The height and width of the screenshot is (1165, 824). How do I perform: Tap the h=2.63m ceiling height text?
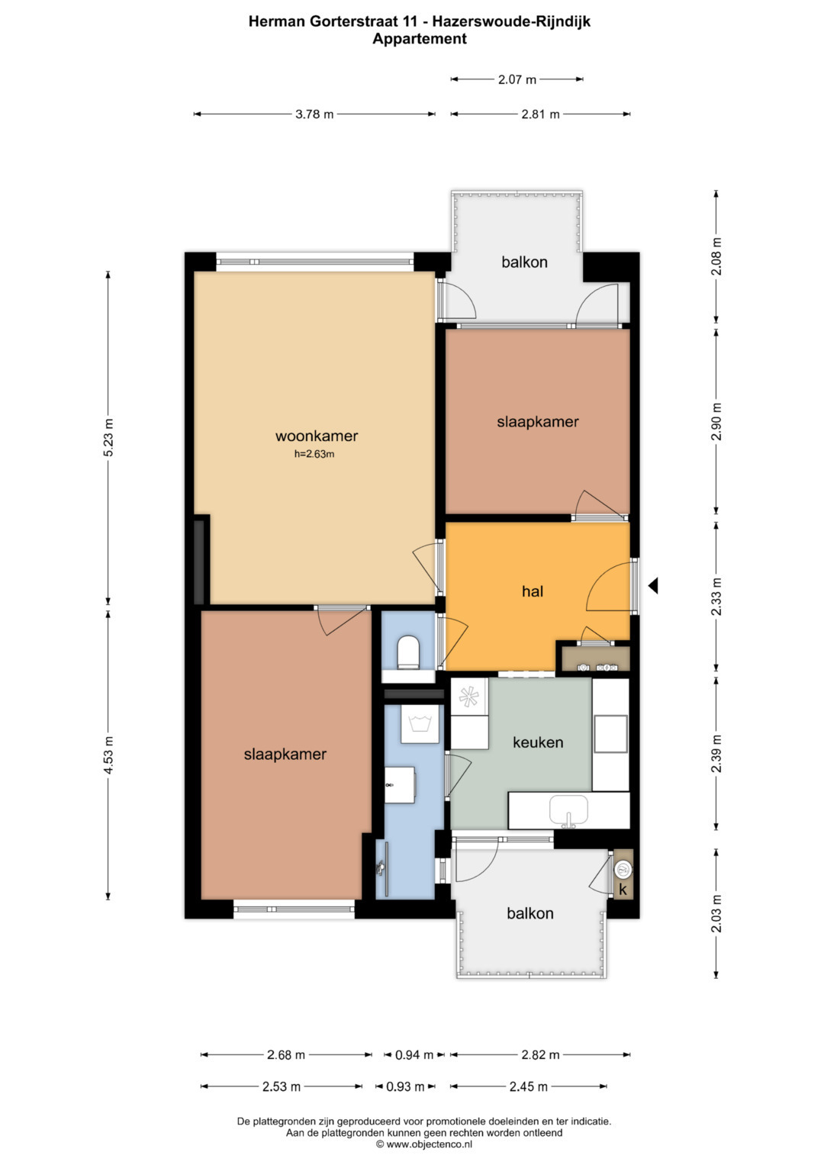click(314, 454)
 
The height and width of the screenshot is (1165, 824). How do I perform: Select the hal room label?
click(533, 591)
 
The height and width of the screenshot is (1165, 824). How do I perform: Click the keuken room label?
click(538, 742)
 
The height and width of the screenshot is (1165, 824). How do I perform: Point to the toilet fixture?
click(408, 652)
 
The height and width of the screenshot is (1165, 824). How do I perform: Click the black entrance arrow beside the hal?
click(653, 586)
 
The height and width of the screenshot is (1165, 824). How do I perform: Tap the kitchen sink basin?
click(568, 809)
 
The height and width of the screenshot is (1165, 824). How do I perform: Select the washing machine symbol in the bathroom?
click(420, 724)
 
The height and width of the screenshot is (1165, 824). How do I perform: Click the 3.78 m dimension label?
click(314, 114)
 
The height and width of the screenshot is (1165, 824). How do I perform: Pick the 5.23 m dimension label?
click(108, 437)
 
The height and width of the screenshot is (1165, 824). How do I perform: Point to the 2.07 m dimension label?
click(517, 79)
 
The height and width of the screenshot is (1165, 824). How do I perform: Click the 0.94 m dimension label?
click(414, 1054)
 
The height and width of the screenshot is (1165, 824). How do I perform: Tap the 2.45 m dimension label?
click(528, 1086)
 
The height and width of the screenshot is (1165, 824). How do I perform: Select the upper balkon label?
click(524, 262)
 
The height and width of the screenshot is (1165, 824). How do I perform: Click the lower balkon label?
click(530, 913)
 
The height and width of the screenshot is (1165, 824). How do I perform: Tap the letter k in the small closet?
click(623, 890)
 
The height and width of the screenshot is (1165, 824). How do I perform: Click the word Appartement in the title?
click(420, 38)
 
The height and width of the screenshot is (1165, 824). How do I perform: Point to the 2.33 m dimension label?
click(716, 597)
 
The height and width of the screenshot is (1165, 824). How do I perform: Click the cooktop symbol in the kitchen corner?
click(469, 697)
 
